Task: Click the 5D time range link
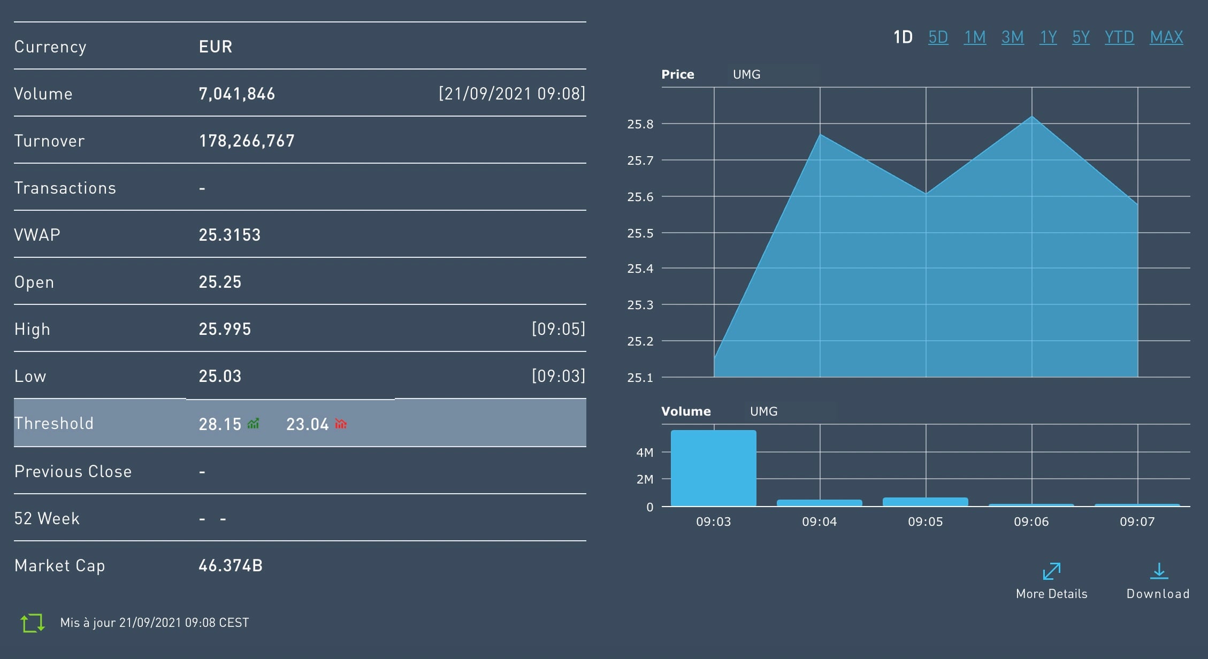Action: [x=938, y=37]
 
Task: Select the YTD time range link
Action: [x=1119, y=37]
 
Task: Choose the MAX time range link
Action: [x=1166, y=37]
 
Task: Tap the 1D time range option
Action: [x=903, y=37]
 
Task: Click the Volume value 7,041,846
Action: [x=236, y=94]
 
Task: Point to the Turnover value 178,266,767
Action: [x=247, y=141]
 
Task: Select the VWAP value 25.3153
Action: [x=230, y=235]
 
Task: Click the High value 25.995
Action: [x=225, y=329]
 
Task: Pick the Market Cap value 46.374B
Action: [x=230, y=565]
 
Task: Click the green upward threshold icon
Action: [x=253, y=424]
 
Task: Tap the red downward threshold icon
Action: [x=341, y=424]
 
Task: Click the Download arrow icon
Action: [x=1159, y=571]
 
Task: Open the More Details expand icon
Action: [x=1051, y=571]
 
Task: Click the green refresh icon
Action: [x=32, y=623]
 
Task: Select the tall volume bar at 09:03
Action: [x=713, y=468]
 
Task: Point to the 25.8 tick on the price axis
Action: [x=640, y=124]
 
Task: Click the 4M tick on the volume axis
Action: [x=645, y=453]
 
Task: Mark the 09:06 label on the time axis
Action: [x=1031, y=522]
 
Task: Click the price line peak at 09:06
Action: [x=1031, y=117]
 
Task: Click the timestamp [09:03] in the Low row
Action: [x=558, y=376]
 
